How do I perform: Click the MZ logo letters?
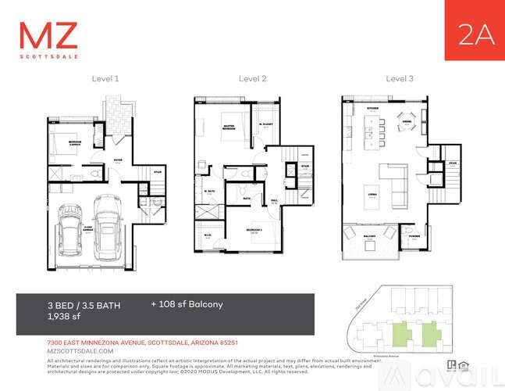pos(48,36)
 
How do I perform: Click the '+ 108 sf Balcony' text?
pos(187,303)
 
